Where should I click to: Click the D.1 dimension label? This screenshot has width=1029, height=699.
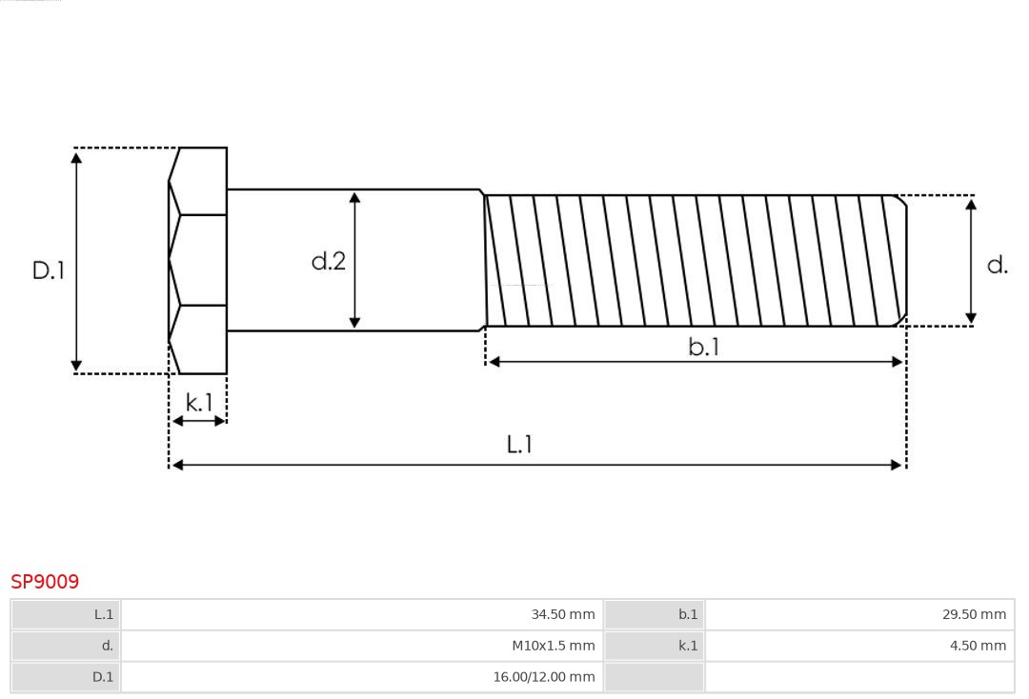pyautogui.click(x=48, y=270)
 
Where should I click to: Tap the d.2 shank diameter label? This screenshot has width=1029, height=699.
pyautogui.click(x=329, y=261)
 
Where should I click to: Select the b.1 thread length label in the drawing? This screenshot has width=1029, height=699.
pyautogui.click(x=704, y=348)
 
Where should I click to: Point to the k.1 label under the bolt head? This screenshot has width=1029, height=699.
pyautogui.click(x=199, y=403)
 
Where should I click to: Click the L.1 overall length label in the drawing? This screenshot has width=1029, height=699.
pyautogui.click(x=519, y=444)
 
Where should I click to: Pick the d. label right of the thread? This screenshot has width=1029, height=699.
pyautogui.click(x=998, y=265)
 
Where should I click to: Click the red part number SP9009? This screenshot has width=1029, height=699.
pyautogui.click(x=45, y=581)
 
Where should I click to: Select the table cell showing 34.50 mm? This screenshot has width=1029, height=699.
pyautogui.click(x=562, y=614)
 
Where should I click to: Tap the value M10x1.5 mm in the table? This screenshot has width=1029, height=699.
pyautogui.click(x=553, y=646)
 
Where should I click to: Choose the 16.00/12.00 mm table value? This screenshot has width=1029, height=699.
pyautogui.click(x=543, y=677)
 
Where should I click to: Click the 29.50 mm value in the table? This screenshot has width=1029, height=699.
pyautogui.click(x=974, y=614)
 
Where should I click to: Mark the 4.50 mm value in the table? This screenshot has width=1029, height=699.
pyautogui.click(x=978, y=646)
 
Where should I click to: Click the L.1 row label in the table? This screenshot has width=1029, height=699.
pyautogui.click(x=103, y=614)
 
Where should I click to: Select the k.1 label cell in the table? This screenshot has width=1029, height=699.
pyautogui.click(x=688, y=646)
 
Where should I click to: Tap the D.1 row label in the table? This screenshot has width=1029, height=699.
pyautogui.click(x=102, y=677)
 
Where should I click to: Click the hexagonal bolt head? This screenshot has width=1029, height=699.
pyautogui.click(x=199, y=260)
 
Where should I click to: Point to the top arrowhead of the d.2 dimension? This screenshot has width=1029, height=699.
pyautogui.click(x=354, y=197)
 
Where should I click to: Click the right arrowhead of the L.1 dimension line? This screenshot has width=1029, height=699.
pyautogui.click(x=897, y=465)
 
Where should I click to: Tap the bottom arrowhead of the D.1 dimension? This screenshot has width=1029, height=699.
pyautogui.click(x=76, y=366)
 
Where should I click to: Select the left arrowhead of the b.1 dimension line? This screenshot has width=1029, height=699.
pyautogui.click(x=494, y=362)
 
